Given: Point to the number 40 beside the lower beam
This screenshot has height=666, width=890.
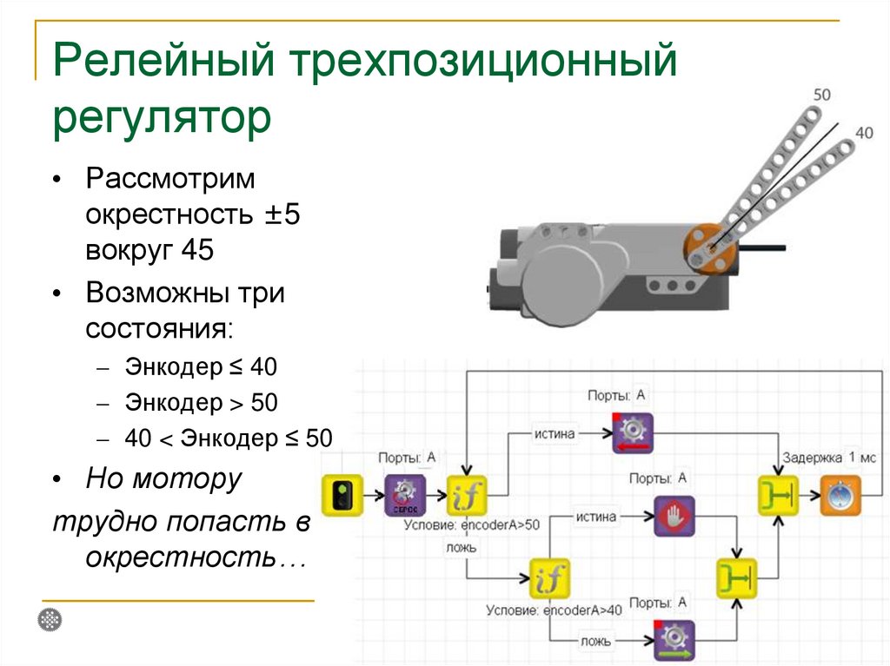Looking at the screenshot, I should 864,133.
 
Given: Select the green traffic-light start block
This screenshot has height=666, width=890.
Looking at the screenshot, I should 342,497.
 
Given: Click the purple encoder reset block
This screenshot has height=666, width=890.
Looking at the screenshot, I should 405,497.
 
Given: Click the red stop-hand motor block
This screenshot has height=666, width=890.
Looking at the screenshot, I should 674,517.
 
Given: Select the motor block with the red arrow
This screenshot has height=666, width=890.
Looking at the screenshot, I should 632,434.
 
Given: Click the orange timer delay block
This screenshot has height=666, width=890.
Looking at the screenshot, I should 840,497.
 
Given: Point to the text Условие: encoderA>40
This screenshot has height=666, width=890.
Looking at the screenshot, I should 554,610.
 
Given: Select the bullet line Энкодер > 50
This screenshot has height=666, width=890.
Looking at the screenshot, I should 200,403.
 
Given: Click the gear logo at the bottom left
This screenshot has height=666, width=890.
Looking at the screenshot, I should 51,620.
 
